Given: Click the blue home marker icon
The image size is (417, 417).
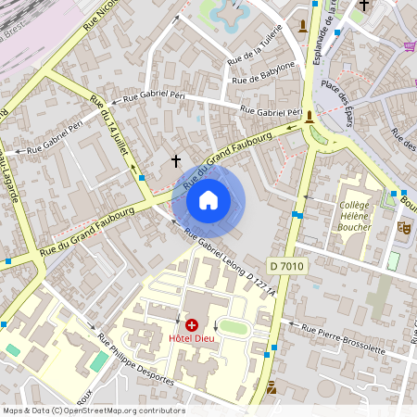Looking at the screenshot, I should tap(208, 199).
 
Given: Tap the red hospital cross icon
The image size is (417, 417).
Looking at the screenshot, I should tap(192, 325).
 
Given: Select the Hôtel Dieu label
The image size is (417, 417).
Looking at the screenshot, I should tap(192, 339).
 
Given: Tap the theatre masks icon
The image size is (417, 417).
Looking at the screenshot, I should tap(403, 226).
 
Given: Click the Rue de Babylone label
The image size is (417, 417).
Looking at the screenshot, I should tap(264, 74).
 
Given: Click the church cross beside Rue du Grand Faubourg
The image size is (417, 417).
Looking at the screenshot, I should tap(176, 161).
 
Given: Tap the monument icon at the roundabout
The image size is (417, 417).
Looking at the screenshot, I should tap(310, 116).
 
